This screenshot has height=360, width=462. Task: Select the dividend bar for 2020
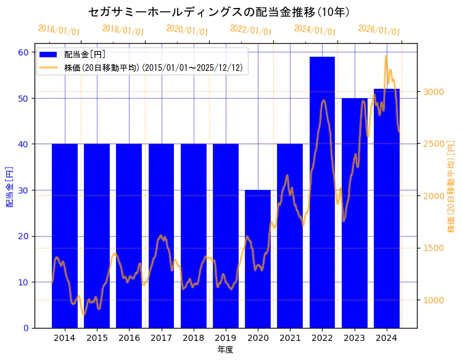click(x=258, y=259)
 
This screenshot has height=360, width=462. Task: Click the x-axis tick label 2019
click(x=226, y=338)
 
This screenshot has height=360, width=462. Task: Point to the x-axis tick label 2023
click(x=355, y=338)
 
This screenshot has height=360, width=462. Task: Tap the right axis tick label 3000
click(x=433, y=92)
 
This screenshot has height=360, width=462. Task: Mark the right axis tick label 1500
click(x=433, y=248)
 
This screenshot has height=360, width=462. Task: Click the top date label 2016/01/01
click(x=59, y=30)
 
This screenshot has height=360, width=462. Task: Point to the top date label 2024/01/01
click(x=315, y=30)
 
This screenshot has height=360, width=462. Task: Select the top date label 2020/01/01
click(x=187, y=30)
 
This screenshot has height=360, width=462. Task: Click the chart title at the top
click(x=219, y=12)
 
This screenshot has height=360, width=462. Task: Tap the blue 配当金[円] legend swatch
click(x=49, y=54)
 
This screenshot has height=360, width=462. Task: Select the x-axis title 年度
click(x=225, y=350)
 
